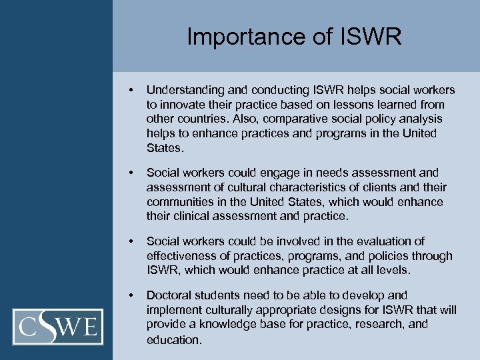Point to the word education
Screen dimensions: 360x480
pyautogui.click(x=173, y=339)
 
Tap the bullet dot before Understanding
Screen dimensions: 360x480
pyautogui.click(x=134, y=90)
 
